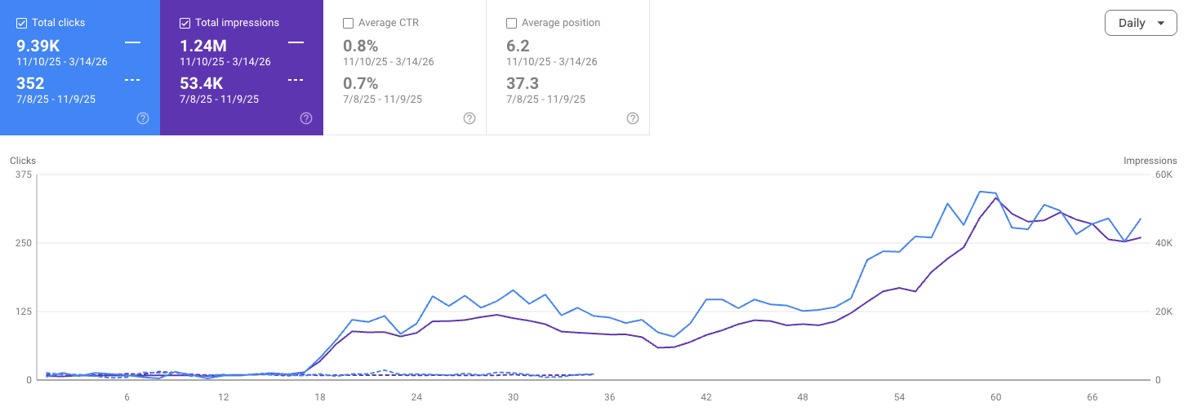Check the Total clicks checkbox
22,23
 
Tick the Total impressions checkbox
185,23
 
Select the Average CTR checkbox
349,23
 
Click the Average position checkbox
512,23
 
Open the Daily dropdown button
1141,23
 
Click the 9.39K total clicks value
38,46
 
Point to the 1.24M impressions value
204,46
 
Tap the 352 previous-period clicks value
30,83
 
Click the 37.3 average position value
523,83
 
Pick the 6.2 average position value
518,46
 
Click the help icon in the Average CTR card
469,118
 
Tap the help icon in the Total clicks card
143,118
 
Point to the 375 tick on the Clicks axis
23,175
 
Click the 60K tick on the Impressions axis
1164,175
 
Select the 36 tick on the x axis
609,397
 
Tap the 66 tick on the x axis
1092,397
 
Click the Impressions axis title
1150,161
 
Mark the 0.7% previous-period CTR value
360,83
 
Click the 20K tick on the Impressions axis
1164,312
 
